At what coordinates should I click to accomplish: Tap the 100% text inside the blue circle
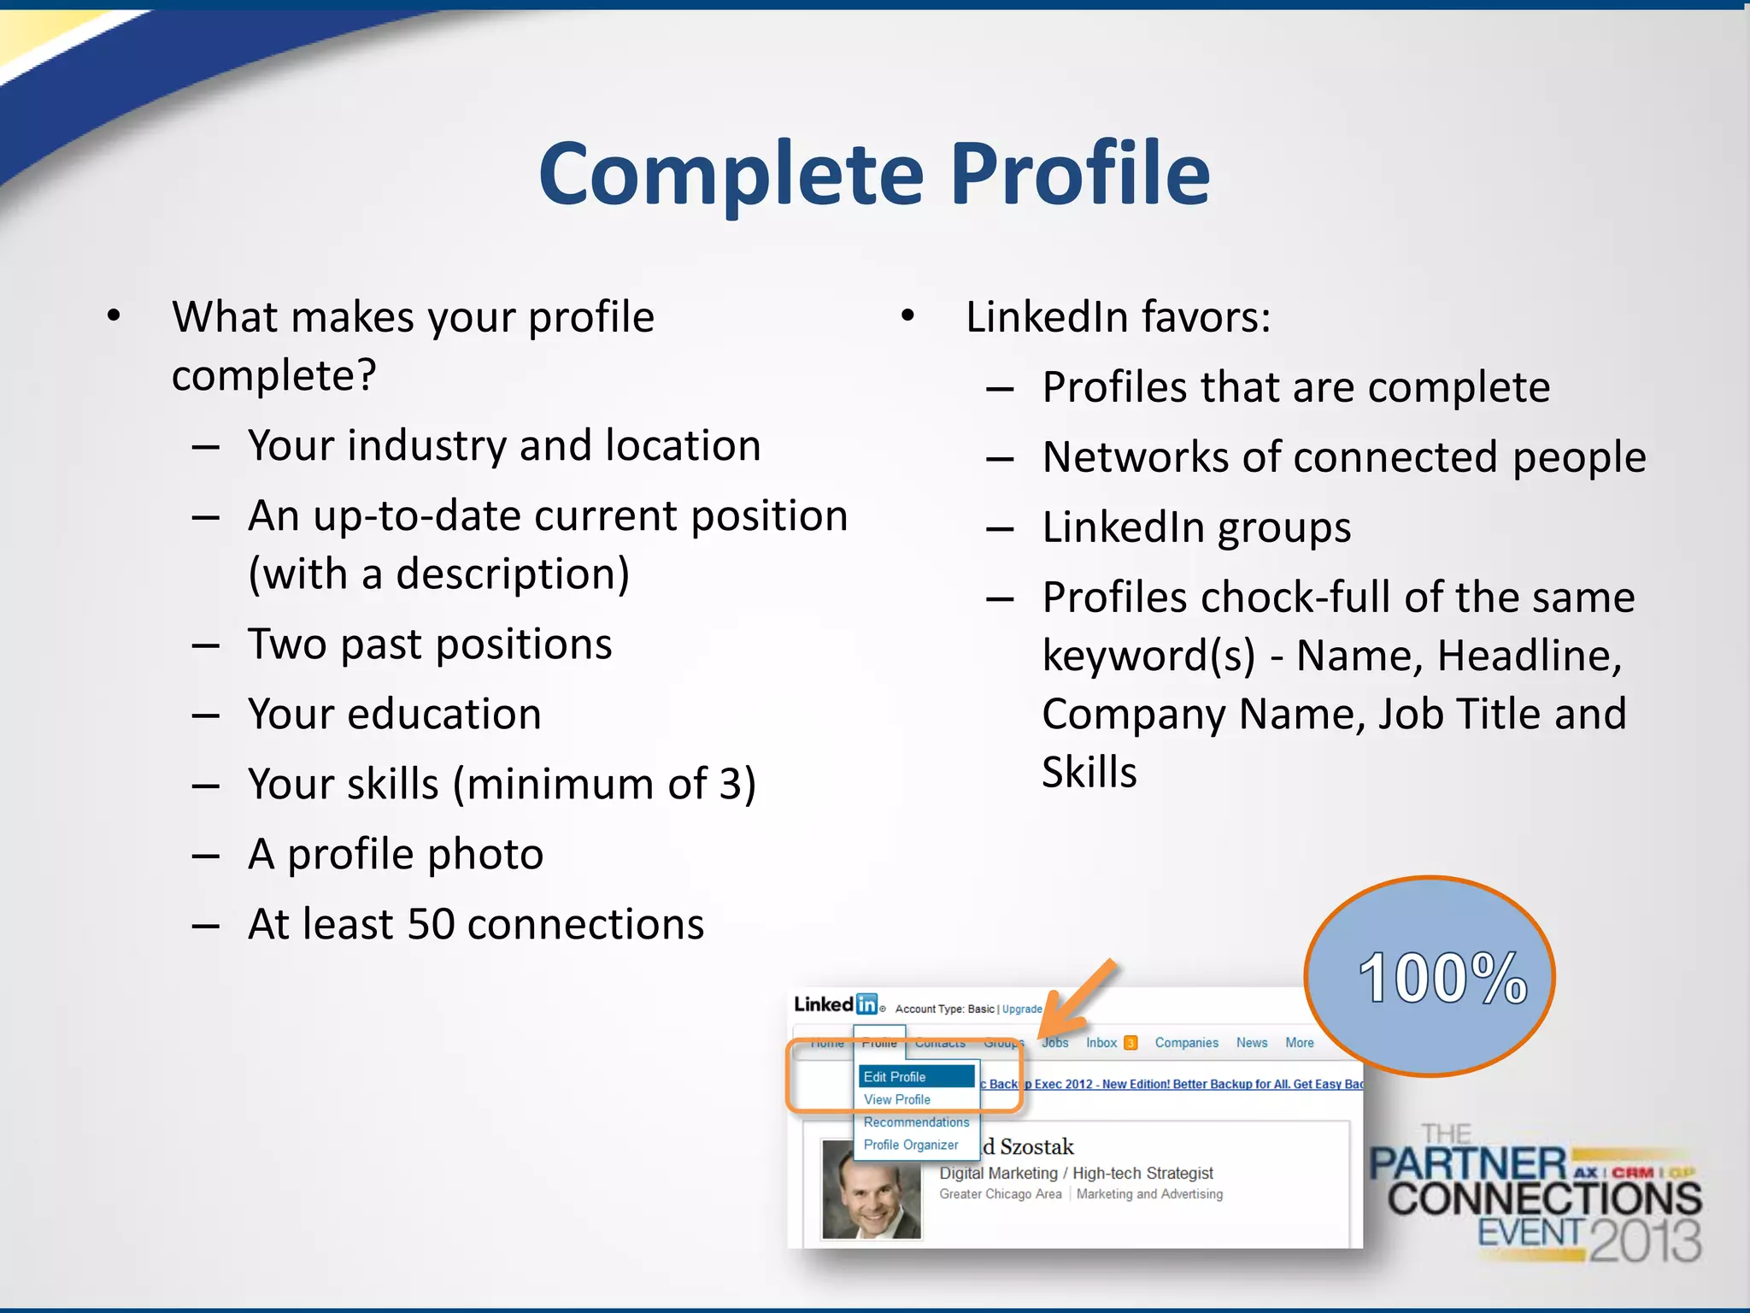coord(1442,978)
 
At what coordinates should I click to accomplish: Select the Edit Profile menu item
coord(895,1077)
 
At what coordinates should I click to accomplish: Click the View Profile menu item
coord(896,1099)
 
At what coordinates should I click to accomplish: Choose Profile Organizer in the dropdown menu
coord(910,1145)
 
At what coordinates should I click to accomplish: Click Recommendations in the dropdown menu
coord(916,1122)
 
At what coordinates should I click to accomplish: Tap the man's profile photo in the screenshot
coord(871,1189)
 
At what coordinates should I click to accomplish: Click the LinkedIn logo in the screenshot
coord(836,1004)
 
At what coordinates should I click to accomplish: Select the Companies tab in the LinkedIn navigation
coord(1186,1043)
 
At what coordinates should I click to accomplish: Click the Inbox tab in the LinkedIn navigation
coord(1101,1043)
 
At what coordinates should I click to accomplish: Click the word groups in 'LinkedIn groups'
coord(1283,528)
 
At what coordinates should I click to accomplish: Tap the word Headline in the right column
coord(1529,656)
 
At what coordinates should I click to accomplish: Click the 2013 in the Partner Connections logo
coord(1645,1240)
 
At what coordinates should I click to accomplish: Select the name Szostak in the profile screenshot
coord(1036,1146)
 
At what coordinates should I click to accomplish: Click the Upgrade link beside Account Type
coord(1022,1009)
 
